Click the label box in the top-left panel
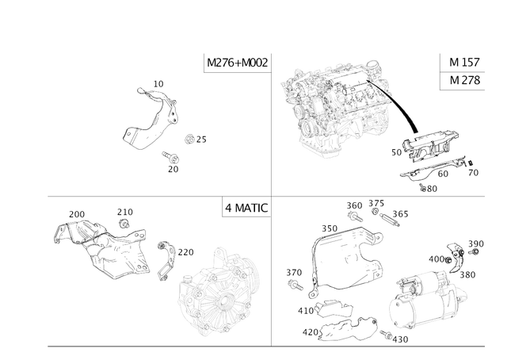(x=236, y=63)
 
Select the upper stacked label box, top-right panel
(x=461, y=63)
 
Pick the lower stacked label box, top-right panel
(x=461, y=81)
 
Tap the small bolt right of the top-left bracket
(x=190, y=140)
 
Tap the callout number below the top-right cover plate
(x=430, y=188)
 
